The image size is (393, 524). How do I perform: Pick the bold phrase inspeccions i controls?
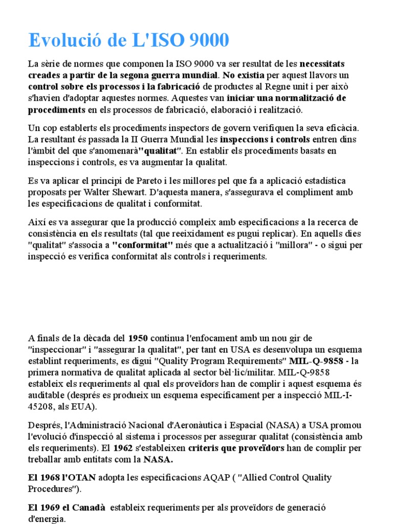pyautogui.click(x=265, y=139)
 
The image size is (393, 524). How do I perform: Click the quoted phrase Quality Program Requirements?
pyautogui.click(x=224, y=361)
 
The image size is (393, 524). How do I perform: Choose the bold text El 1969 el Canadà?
pyautogui.click(x=67, y=507)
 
